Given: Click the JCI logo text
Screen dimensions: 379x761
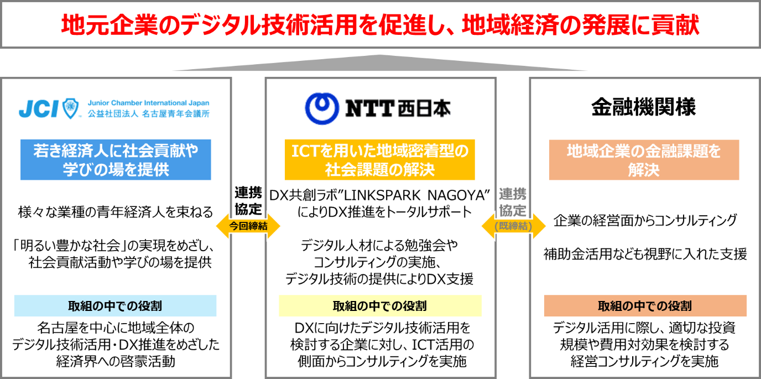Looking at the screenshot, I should click(38, 109).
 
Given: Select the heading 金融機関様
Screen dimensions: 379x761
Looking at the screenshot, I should click(643, 107).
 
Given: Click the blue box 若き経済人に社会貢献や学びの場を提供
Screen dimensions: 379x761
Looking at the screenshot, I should click(116, 160).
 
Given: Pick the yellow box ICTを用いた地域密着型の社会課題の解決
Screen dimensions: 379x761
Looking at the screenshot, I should click(379, 160).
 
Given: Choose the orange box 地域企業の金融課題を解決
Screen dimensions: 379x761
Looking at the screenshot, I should click(644, 160).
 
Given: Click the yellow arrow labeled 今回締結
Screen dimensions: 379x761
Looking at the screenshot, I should click(248, 226).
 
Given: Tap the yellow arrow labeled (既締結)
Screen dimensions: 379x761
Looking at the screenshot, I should click(513, 226).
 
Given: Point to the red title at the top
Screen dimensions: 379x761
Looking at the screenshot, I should click(380, 25).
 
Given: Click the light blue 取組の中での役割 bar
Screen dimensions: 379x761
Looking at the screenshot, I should click(115, 306).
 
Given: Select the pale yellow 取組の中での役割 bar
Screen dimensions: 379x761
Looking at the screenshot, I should click(379, 306).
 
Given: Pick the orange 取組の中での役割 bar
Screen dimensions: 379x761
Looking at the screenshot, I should click(644, 306).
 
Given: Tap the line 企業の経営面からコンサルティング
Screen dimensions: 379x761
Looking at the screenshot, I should click(645, 221).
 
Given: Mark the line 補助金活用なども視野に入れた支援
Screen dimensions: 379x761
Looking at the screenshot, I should click(645, 254).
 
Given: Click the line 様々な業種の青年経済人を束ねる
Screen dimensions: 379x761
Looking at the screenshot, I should click(115, 212).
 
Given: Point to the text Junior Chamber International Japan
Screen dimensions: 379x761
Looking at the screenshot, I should click(148, 103).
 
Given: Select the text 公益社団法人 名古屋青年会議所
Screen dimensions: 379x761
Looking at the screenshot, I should click(148, 115).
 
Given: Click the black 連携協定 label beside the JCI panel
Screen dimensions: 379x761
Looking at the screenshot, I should click(248, 201).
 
